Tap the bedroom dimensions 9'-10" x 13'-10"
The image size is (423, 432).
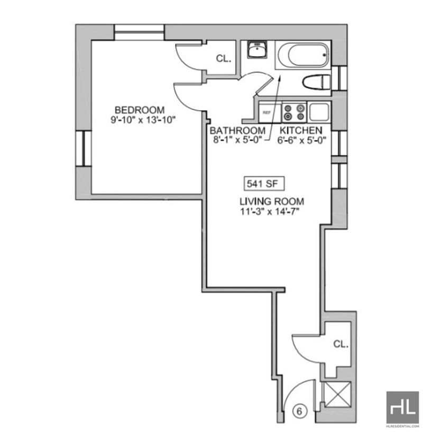pyautogui.click(x=143, y=120)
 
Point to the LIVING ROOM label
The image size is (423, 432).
pyautogui.click(x=272, y=202)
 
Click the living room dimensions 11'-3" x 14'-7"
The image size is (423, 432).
pyautogui.click(x=272, y=212)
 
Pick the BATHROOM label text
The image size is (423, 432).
pyautogui.click(x=237, y=131)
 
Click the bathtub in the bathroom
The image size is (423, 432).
pyautogui.click(x=302, y=55)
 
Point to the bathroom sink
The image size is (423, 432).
pyautogui.click(x=257, y=51)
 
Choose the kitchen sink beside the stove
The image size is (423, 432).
pyautogui.click(x=319, y=112)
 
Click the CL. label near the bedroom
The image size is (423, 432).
pyautogui.click(x=224, y=59)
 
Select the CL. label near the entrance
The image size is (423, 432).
pyautogui.click(x=341, y=344)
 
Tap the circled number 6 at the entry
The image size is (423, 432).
pyautogui.click(x=299, y=411)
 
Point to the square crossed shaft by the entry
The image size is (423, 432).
pyautogui.click(x=336, y=394)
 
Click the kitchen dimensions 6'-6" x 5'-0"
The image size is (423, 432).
pyautogui.click(x=301, y=141)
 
